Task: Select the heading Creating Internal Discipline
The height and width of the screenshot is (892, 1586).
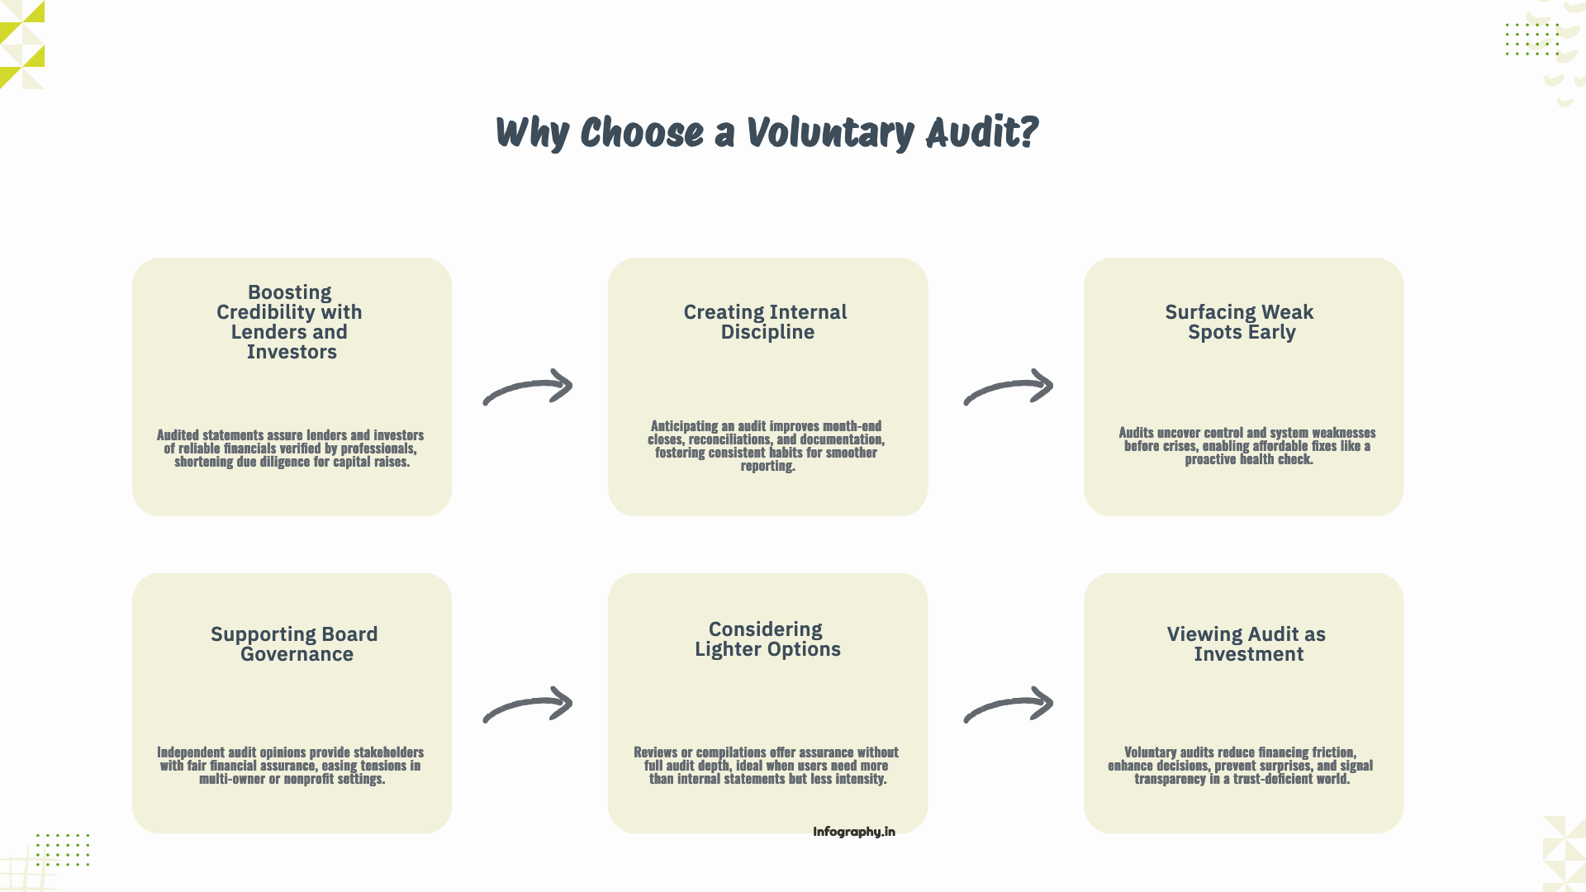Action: (766, 322)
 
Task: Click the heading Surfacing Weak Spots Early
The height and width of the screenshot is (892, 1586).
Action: (1240, 322)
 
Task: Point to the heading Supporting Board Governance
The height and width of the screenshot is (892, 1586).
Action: (294, 644)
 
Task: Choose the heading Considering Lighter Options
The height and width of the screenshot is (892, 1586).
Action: (767, 639)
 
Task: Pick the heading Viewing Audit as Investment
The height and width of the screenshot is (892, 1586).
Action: (1246, 644)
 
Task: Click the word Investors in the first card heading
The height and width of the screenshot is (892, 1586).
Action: (292, 352)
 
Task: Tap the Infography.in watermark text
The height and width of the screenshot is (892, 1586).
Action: (853, 832)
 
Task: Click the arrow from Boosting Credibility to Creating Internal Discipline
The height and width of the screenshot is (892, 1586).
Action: (529, 387)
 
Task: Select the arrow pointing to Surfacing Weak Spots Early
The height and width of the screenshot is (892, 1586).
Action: (1009, 387)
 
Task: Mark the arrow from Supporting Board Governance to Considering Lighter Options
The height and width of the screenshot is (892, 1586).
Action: (529, 705)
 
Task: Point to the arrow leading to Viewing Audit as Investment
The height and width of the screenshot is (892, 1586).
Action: (1009, 705)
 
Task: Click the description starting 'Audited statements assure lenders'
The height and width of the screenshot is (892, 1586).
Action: (291, 448)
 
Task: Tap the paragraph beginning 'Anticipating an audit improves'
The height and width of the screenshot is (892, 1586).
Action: (767, 446)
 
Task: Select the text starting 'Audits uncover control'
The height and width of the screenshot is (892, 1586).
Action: (1246, 446)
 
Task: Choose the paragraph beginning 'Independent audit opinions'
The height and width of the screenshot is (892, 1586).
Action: (291, 766)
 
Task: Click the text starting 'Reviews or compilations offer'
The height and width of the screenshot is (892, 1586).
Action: (767, 766)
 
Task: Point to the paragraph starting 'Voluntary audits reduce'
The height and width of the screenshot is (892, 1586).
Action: (1241, 766)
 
